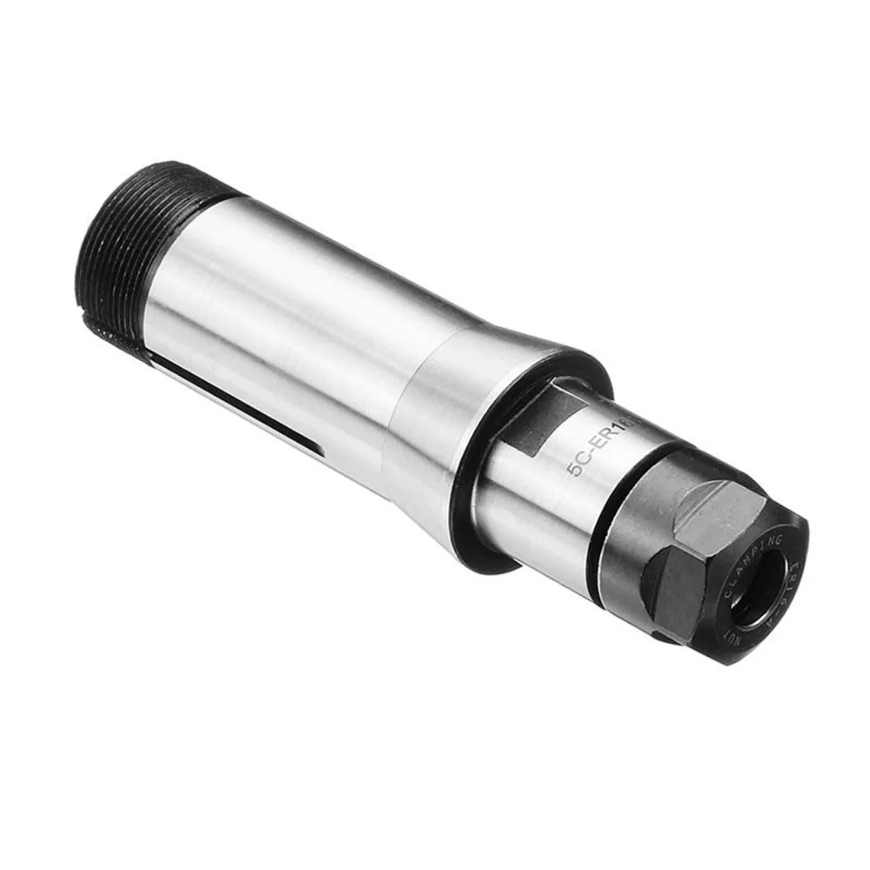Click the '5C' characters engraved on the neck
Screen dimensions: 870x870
(x=575, y=463)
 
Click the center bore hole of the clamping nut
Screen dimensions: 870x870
(x=753, y=600)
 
